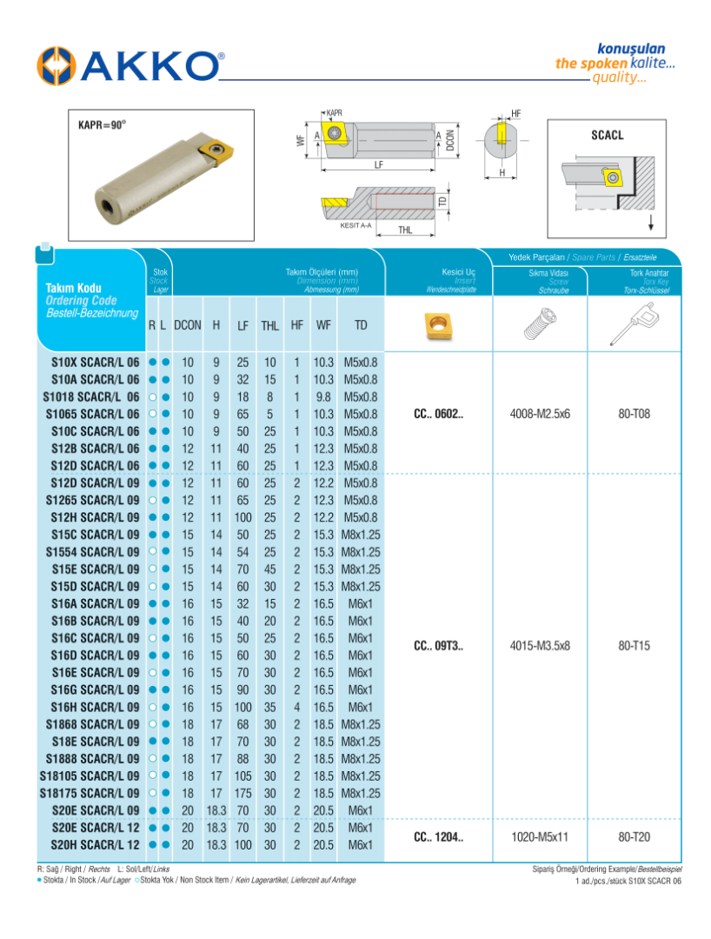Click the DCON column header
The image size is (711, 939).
click(x=187, y=325)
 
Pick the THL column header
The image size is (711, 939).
click(x=269, y=325)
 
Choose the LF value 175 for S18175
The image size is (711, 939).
click(x=243, y=793)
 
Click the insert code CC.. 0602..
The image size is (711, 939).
click(x=439, y=414)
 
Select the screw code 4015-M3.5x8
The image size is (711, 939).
click(x=540, y=646)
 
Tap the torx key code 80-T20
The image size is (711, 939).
click(x=635, y=836)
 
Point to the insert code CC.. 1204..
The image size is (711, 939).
click(x=439, y=836)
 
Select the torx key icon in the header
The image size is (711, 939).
click(x=633, y=325)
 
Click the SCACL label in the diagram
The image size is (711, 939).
click(x=607, y=137)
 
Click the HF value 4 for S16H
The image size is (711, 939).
click(x=296, y=707)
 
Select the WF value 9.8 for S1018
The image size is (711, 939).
click(x=323, y=396)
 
